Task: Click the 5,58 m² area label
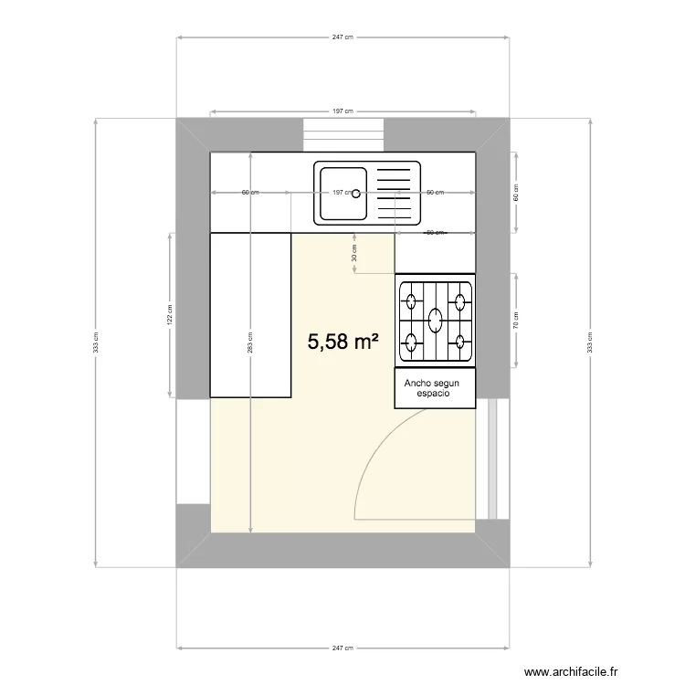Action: pyautogui.click(x=342, y=342)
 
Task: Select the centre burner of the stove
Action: pyautogui.click(x=436, y=321)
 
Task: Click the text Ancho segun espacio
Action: pyautogui.click(x=435, y=388)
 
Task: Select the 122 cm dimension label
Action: pyautogui.click(x=170, y=314)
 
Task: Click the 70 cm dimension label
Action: pyautogui.click(x=515, y=320)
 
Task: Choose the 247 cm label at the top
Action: pyautogui.click(x=342, y=37)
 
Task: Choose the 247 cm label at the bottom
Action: pyautogui.click(x=342, y=648)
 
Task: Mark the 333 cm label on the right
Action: pyautogui.click(x=590, y=342)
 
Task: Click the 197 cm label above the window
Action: pyautogui.click(x=342, y=111)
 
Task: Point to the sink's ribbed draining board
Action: pyautogui.click(x=395, y=193)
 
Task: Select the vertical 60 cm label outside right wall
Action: pyautogui.click(x=515, y=193)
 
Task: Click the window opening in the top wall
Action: pyautogui.click(x=342, y=134)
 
